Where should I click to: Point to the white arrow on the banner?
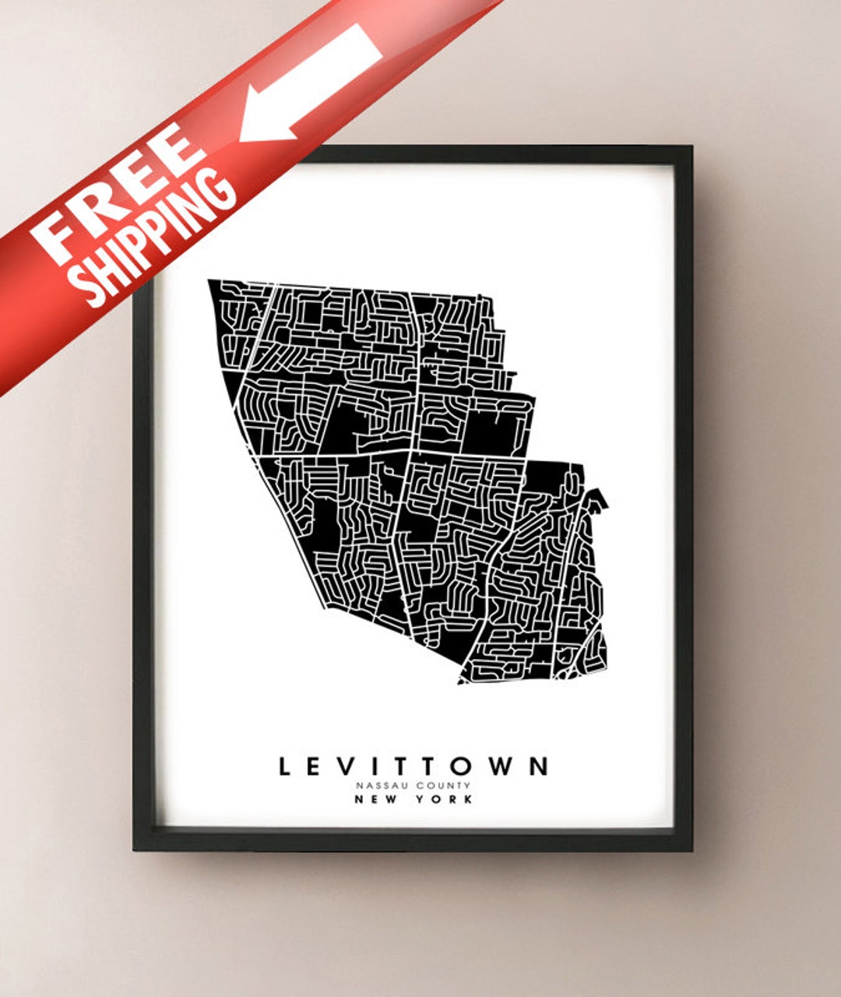(x=311, y=81)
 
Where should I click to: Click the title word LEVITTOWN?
(x=413, y=766)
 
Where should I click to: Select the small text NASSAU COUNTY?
(x=413, y=786)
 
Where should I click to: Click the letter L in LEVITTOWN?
(x=286, y=766)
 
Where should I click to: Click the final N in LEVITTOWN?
(x=538, y=766)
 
